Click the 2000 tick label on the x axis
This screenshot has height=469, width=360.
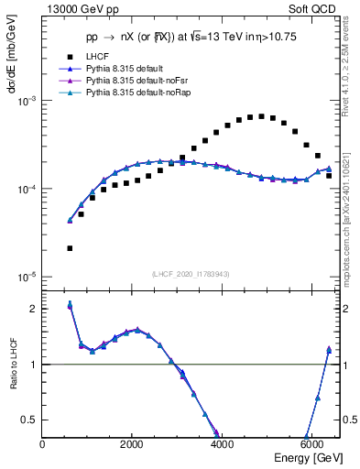click(x=133, y=444)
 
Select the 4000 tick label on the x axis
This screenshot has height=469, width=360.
click(x=222, y=444)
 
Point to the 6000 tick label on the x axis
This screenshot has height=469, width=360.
click(x=311, y=444)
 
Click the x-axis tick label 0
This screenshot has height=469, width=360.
click(x=43, y=444)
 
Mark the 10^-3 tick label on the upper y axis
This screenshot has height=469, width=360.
click(x=27, y=101)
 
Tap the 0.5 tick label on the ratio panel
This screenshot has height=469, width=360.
click(x=29, y=420)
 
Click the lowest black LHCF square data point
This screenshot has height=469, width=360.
click(x=70, y=248)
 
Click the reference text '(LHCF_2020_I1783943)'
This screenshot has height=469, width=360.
click(x=191, y=274)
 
